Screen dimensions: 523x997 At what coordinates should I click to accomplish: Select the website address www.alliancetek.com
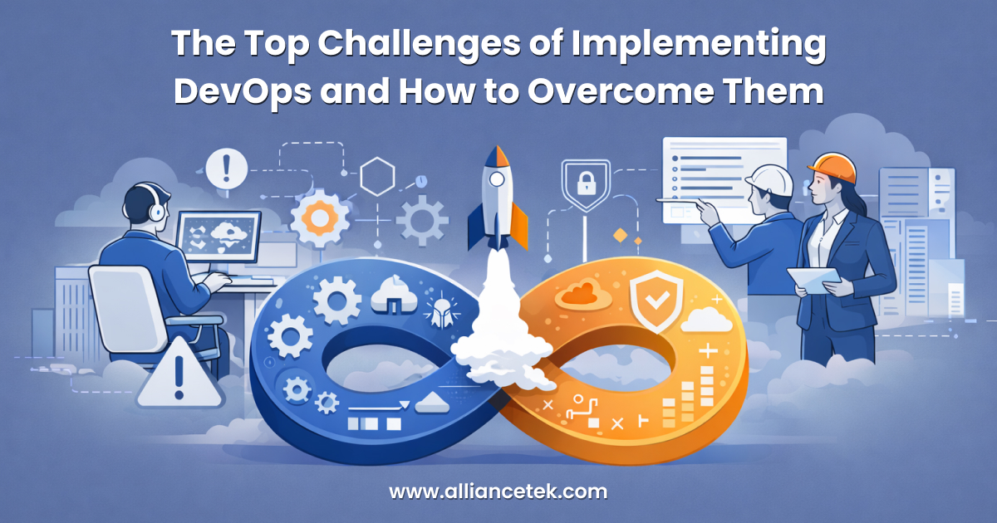click(498, 491)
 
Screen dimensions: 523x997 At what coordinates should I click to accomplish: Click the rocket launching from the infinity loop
click(497, 199)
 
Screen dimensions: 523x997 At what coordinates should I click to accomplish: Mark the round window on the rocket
click(498, 178)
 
